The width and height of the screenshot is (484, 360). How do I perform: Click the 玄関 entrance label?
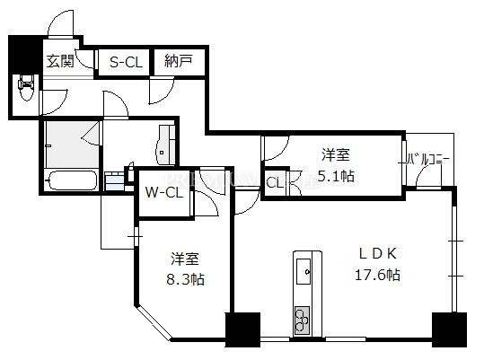point(60,61)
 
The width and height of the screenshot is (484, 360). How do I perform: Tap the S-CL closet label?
point(127,62)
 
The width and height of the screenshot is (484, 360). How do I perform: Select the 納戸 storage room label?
point(179,61)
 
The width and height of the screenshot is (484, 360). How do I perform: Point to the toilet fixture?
point(26,87)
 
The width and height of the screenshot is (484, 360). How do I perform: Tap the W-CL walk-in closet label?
point(164,193)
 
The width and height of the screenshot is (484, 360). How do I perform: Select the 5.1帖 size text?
point(336,176)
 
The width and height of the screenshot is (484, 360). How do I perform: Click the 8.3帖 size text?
point(186,279)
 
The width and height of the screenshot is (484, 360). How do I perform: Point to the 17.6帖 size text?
point(377,274)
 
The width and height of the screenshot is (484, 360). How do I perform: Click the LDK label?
point(377,253)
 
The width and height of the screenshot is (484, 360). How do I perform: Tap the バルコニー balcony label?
point(427,160)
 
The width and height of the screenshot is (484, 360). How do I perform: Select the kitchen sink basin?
point(304,271)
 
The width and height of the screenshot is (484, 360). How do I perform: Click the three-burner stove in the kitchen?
point(303,320)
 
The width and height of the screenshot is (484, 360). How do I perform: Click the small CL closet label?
point(275,183)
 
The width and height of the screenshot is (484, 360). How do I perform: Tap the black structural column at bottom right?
point(449,329)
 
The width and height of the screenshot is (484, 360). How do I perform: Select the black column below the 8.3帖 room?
point(243,329)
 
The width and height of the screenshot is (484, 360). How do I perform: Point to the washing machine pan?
point(115,181)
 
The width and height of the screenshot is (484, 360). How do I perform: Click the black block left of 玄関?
point(25,55)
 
